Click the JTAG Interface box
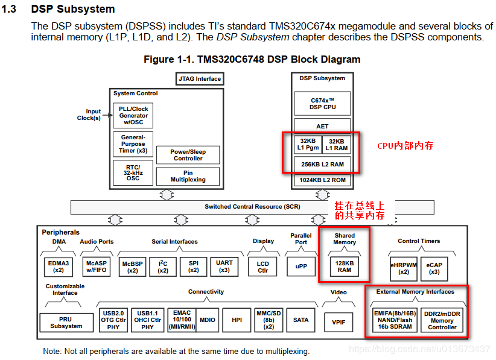pos(200,78)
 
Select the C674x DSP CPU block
pos(322,103)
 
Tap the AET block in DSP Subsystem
pos(322,126)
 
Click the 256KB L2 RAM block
pos(322,164)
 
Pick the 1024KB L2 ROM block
pos(322,180)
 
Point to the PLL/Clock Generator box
pos(133,115)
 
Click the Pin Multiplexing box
pos(188,176)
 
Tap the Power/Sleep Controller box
pos(188,155)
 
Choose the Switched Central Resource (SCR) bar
pos(252,207)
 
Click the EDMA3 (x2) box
pos(59,267)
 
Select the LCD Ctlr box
pos(263,267)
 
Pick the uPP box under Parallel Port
pos(301,267)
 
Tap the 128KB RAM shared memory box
pos(345,267)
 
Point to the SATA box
pos(300,320)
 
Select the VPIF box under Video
pos(339,322)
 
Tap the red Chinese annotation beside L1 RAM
pos(405,146)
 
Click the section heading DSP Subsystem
pos(72,10)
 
